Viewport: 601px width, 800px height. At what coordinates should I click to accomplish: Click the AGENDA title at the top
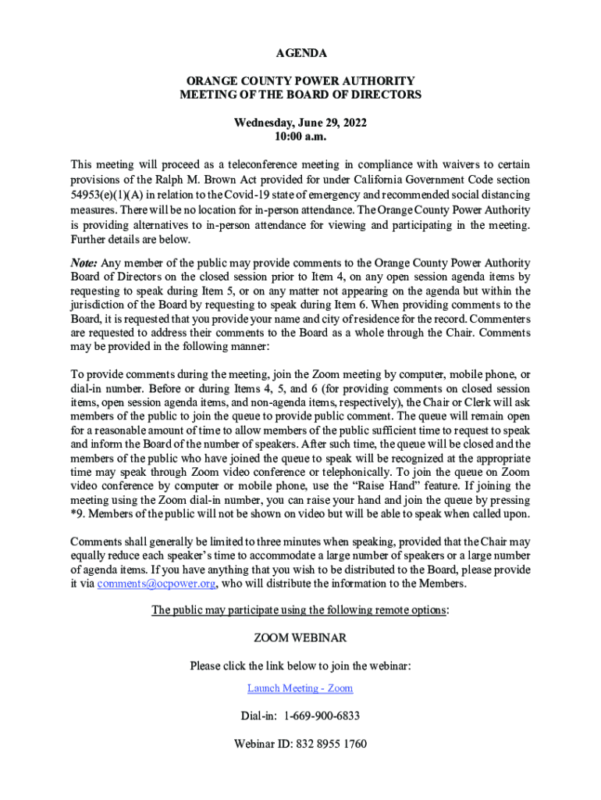tap(300, 53)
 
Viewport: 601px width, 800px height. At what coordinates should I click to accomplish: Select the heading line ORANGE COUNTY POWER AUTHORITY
tap(300, 81)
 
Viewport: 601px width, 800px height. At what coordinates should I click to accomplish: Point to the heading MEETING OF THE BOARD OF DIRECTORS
tap(300, 95)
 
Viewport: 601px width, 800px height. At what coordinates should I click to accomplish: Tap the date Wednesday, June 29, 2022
tap(300, 123)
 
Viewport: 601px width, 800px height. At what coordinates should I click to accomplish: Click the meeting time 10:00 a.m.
tap(300, 137)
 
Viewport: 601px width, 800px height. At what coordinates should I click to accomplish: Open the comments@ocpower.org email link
tap(157, 584)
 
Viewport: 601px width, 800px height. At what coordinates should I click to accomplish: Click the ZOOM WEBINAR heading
tap(300, 638)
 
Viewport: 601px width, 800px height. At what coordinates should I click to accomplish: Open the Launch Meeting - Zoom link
tap(300, 688)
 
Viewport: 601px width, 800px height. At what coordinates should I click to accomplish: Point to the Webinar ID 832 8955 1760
tap(332, 744)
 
